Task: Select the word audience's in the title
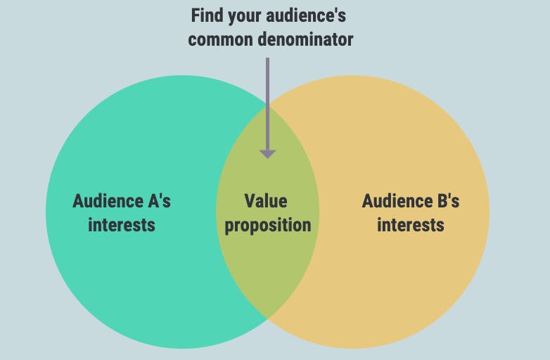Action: (306, 15)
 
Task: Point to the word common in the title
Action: (219, 40)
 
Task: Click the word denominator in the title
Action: (305, 39)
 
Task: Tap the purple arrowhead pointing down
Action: (268, 154)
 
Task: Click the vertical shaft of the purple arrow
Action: (268, 104)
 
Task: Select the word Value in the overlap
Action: (266, 201)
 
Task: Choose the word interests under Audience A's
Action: (122, 225)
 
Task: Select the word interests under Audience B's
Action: (411, 225)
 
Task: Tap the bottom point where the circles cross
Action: (268, 319)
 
